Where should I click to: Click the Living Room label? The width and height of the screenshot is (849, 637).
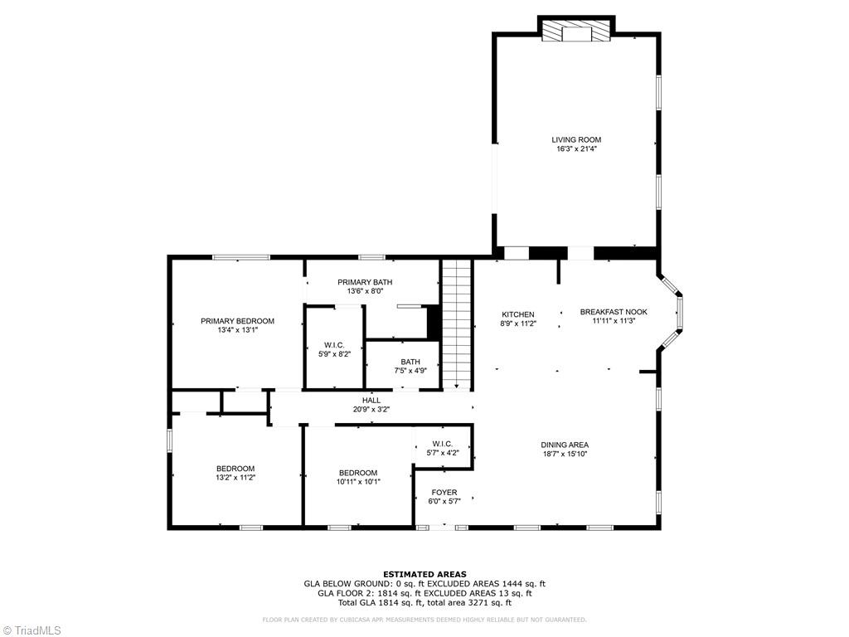(576, 139)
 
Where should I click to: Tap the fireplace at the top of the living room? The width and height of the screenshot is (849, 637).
(576, 32)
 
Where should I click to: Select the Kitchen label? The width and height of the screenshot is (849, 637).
(518, 314)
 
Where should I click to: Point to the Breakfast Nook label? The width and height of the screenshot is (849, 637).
(614, 312)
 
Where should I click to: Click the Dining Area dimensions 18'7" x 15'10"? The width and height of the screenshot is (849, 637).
(565, 455)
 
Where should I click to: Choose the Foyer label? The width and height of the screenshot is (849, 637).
(444, 493)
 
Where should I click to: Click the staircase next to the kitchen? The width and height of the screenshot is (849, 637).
(455, 323)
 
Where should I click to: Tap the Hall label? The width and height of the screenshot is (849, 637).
(371, 400)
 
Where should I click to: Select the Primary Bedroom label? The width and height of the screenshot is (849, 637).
(237, 321)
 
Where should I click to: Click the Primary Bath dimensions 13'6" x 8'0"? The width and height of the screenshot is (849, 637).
(365, 291)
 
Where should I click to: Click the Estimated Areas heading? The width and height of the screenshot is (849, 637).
(424, 574)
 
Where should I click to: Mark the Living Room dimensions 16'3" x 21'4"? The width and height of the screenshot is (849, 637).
(576, 149)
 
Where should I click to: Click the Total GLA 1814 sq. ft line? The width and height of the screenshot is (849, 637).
(424, 603)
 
